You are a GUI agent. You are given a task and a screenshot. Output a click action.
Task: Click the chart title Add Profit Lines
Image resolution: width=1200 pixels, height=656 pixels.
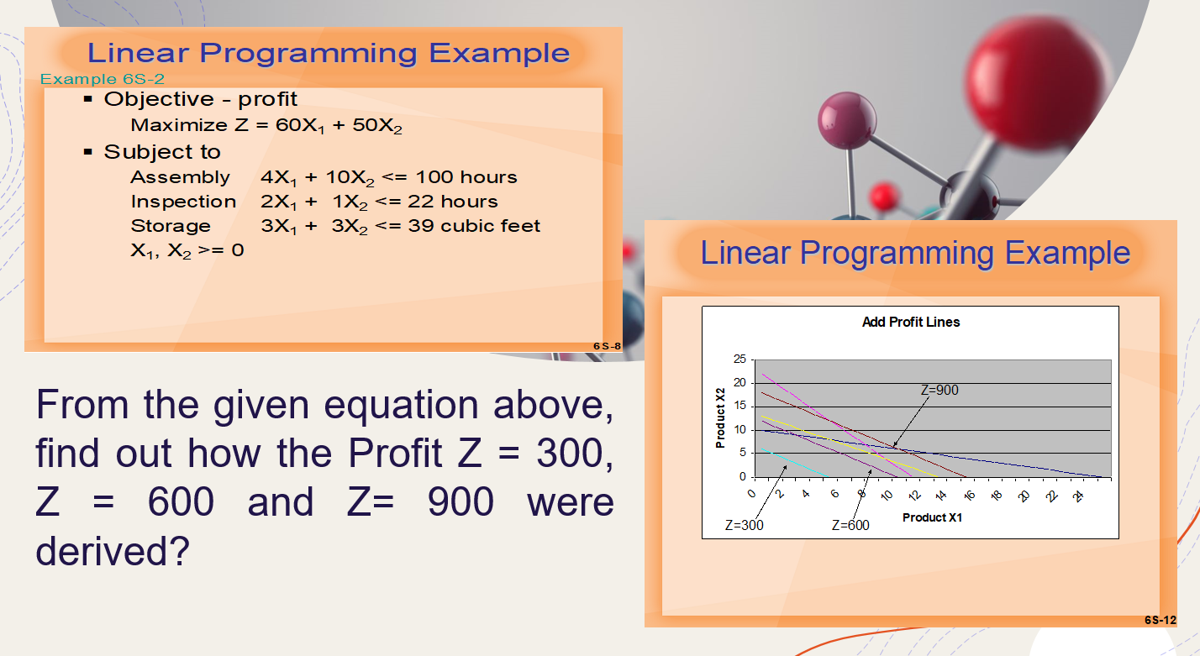[911, 322]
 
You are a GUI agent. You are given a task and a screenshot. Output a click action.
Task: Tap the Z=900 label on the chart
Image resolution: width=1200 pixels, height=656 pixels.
[939, 390]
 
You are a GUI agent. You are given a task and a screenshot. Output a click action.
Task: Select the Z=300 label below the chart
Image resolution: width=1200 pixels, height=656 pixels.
[744, 525]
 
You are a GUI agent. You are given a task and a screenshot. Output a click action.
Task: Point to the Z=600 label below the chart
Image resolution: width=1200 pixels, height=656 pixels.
[850, 525]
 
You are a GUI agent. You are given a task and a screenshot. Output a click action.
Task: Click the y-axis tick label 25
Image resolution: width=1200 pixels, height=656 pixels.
[739, 359]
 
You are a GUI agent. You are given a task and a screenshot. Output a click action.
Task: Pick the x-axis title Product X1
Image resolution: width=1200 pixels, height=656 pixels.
[932, 517]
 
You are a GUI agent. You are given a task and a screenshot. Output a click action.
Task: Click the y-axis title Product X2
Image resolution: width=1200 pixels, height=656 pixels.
[720, 417]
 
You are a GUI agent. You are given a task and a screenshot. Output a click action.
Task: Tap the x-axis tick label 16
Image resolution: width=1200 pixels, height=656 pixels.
[969, 496]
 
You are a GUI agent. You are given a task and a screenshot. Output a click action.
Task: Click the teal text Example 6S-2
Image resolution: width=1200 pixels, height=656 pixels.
[102, 79]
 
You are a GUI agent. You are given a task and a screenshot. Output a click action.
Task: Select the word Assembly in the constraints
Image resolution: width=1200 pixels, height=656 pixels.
[180, 177]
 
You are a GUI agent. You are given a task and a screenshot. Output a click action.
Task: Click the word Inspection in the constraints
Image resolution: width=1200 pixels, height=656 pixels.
[183, 202]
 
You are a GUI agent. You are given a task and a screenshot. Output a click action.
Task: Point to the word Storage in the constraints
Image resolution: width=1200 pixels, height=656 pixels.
[171, 226]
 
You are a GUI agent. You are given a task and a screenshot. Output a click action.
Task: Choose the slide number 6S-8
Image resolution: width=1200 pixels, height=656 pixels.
[607, 346]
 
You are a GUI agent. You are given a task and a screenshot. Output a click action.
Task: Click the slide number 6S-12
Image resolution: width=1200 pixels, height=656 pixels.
[1161, 620]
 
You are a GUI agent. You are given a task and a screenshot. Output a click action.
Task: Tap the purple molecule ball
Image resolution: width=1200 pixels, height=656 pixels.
[847, 120]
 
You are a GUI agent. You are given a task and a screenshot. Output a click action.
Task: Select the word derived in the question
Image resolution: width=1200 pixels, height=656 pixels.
[113, 550]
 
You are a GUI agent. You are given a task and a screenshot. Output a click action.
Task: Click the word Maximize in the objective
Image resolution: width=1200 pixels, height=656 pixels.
[179, 125]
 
